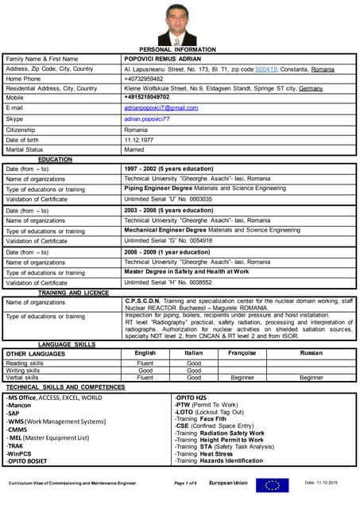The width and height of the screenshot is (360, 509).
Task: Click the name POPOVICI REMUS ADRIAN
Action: coord(163,59)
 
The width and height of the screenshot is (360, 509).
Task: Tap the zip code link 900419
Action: coord(266,69)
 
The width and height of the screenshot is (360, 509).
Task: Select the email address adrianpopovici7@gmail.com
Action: coord(161,107)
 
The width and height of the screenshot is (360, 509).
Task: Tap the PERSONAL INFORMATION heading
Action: coord(177,49)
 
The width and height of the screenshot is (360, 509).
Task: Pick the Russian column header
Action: coord(311,352)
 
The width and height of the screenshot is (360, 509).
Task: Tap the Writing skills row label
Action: coord(24,370)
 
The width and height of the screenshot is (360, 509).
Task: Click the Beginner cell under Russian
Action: coord(311,378)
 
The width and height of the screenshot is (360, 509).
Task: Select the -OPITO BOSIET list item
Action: coord(28,460)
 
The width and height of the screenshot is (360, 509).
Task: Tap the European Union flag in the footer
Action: coord(277,484)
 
